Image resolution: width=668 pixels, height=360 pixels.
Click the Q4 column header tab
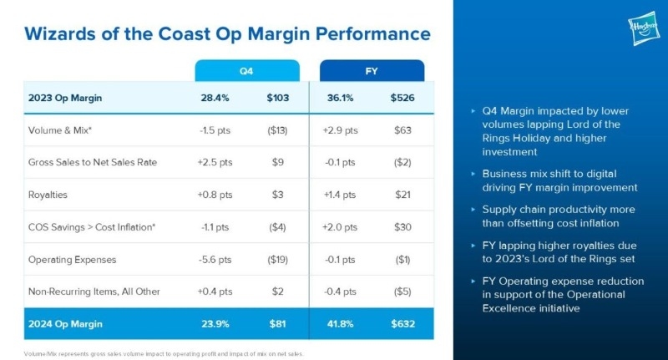coord(246,71)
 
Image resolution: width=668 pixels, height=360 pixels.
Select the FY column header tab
coord(372,71)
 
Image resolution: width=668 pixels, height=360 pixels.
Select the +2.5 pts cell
coord(215,162)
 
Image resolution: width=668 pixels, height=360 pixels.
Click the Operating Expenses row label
coord(73,259)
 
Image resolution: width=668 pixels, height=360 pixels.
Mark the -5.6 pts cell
coord(215,259)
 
